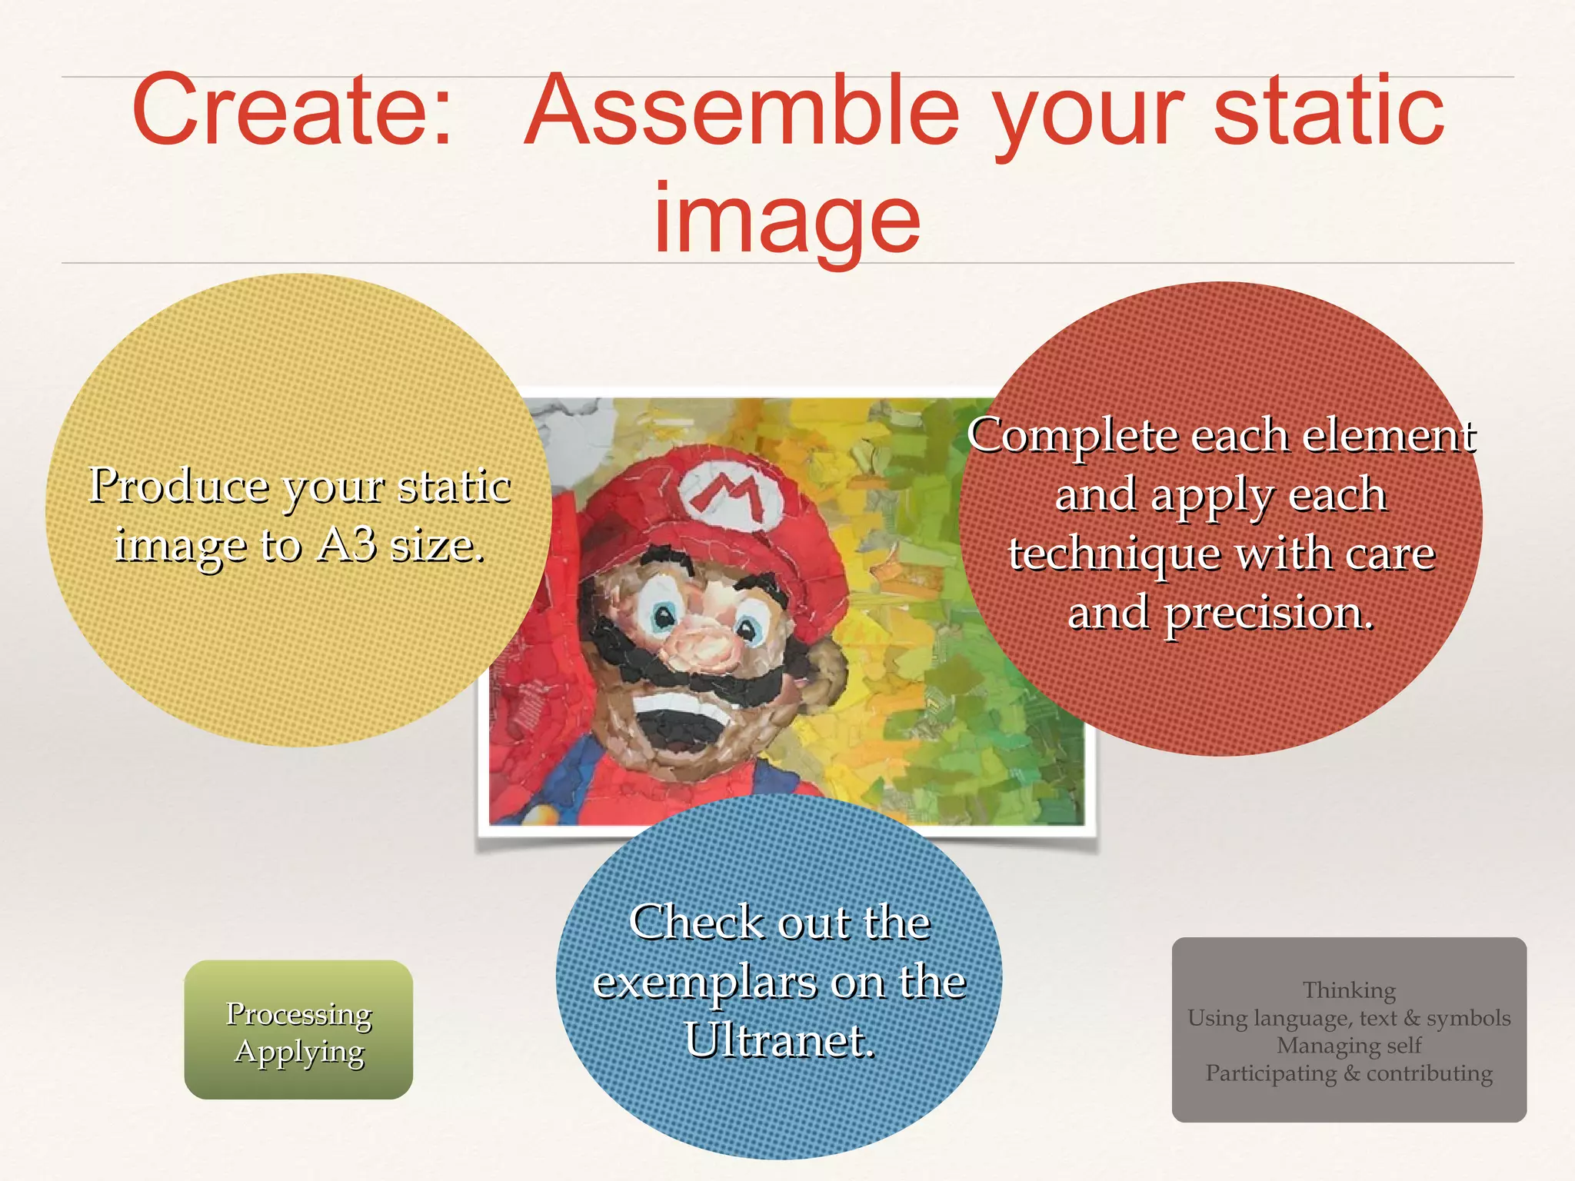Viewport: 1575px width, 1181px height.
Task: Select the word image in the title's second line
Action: coord(786,219)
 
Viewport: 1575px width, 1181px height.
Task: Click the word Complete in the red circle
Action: coord(1073,436)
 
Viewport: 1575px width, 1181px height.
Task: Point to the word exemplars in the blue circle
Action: coord(706,982)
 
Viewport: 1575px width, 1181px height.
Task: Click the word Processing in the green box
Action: coord(298,1014)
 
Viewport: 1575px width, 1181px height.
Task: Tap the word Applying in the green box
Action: coord(298,1051)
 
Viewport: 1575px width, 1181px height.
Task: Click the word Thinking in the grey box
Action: coord(1349,990)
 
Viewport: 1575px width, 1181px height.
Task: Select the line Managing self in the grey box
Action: coord(1349,1046)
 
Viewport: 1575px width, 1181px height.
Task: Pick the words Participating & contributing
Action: coord(1349,1073)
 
